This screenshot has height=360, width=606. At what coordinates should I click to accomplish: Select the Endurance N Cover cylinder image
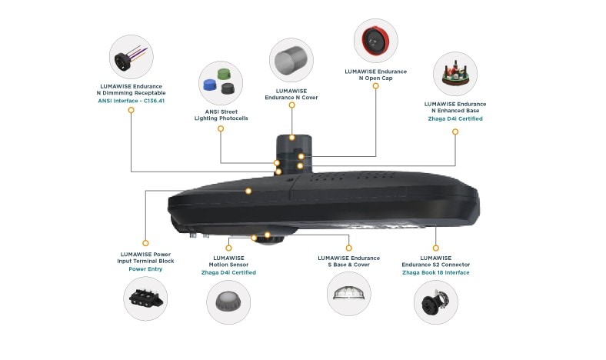tap(291, 61)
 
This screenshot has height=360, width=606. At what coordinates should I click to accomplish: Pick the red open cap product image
tap(376, 41)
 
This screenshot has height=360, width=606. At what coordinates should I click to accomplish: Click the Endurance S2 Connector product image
tap(436, 300)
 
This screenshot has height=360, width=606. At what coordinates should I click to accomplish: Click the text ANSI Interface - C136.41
tap(132, 101)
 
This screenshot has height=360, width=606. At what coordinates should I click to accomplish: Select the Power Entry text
tap(145, 269)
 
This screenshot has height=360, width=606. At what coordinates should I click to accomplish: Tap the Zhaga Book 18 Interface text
tap(435, 272)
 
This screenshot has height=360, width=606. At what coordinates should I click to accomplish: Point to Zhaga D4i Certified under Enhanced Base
tap(455, 119)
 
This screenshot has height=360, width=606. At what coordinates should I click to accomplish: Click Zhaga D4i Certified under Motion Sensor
tap(231, 272)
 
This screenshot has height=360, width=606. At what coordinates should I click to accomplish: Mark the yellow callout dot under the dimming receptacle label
tap(132, 111)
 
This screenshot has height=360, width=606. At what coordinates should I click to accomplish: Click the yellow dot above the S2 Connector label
tap(436, 248)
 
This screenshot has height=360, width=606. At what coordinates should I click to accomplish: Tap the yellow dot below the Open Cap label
tap(376, 86)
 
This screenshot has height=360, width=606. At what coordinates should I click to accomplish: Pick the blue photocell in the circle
tap(209, 85)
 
